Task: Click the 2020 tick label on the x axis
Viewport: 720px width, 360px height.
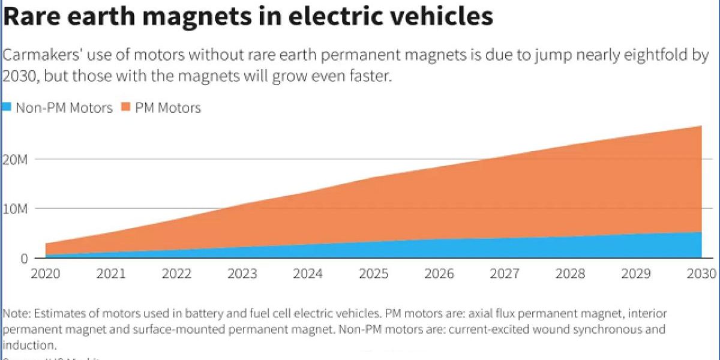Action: [x=45, y=274]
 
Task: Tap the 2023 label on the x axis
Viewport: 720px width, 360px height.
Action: [x=242, y=274]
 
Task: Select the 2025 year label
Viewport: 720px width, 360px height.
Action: [x=374, y=274]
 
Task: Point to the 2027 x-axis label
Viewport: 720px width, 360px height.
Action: [x=505, y=274]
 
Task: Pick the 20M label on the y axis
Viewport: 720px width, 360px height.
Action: [x=14, y=159]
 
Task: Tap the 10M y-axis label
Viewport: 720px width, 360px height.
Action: [x=14, y=209]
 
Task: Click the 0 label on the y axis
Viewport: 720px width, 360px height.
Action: [x=23, y=259]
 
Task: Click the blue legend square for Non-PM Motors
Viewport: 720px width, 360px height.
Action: [x=7, y=108]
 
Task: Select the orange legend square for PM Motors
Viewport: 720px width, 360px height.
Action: [x=126, y=108]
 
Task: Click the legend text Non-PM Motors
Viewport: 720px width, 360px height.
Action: [x=64, y=108]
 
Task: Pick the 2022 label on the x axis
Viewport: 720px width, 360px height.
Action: [x=176, y=274]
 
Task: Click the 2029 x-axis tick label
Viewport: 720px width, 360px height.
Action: [x=635, y=274]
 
